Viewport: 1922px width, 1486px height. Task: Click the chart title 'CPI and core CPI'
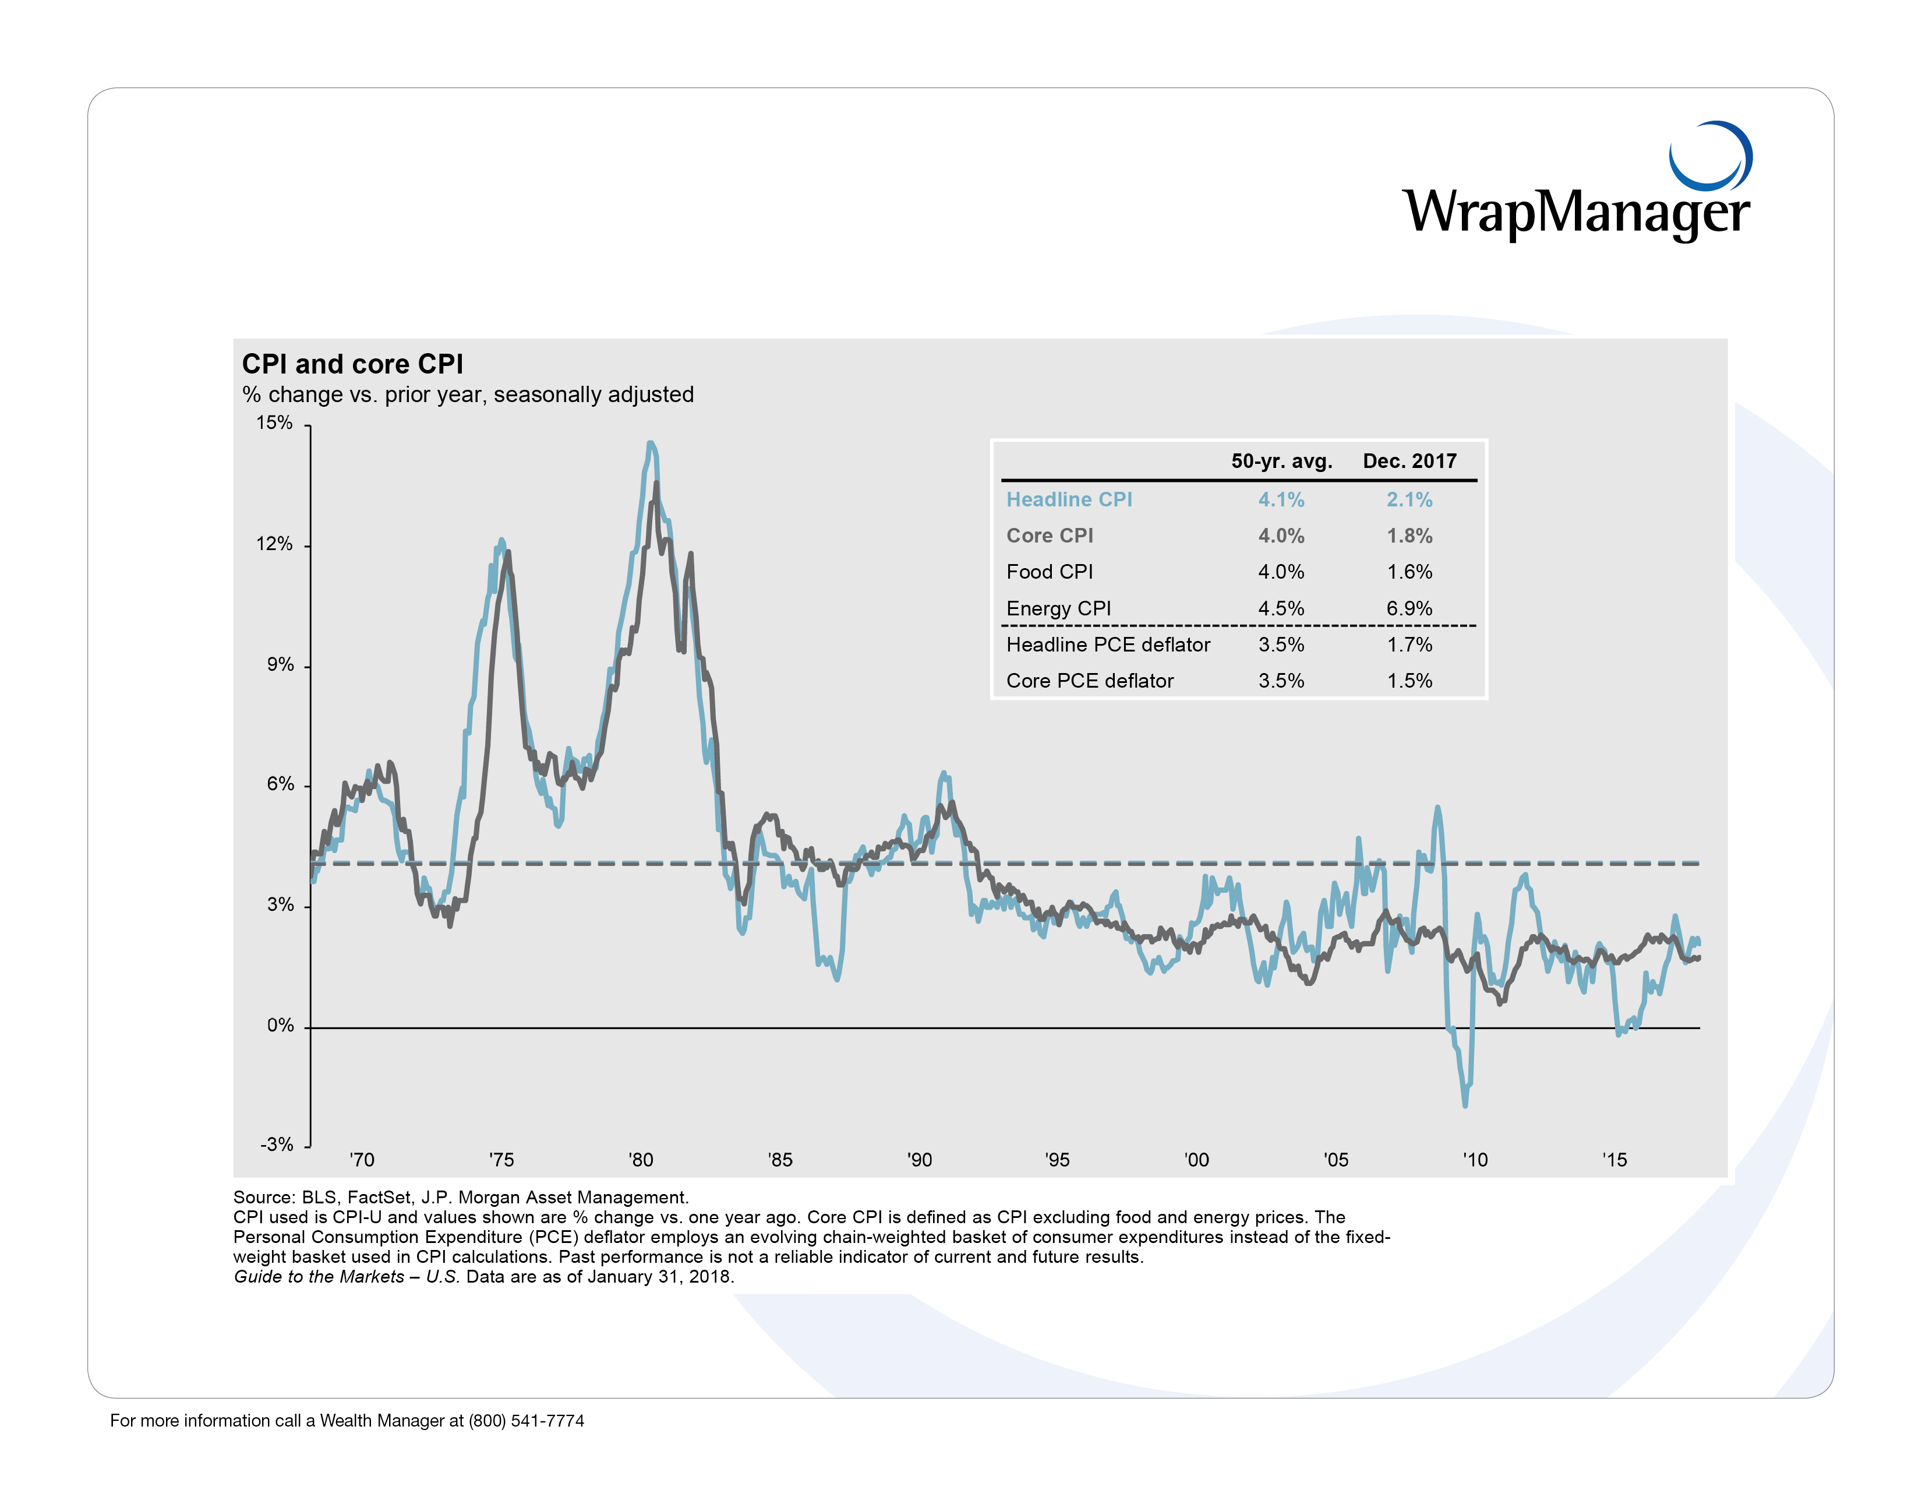[x=352, y=364]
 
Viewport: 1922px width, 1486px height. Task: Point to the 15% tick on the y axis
[x=274, y=424]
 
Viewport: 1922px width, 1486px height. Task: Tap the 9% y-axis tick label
[x=280, y=665]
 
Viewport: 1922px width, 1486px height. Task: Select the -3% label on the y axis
[x=276, y=1145]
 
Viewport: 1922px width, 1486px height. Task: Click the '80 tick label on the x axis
[x=641, y=1160]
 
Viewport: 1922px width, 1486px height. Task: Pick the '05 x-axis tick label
[x=1336, y=1160]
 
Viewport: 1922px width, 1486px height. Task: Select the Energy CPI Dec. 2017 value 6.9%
[x=1409, y=608]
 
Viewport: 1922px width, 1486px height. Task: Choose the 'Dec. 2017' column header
[x=1409, y=462]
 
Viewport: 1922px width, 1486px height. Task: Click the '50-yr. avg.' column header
[x=1281, y=462]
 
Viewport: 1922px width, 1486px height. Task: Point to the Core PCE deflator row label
[x=1090, y=681]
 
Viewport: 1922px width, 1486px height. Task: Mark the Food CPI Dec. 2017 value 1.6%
[x=1409, y=572]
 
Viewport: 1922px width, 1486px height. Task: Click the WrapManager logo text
[x=1575, y=212]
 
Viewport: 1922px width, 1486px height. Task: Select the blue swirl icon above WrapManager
[x=1710, y=156]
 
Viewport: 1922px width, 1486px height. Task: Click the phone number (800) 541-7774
[x=527, y=1421]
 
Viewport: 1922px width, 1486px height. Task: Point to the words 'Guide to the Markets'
[x=319, y=1276]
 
